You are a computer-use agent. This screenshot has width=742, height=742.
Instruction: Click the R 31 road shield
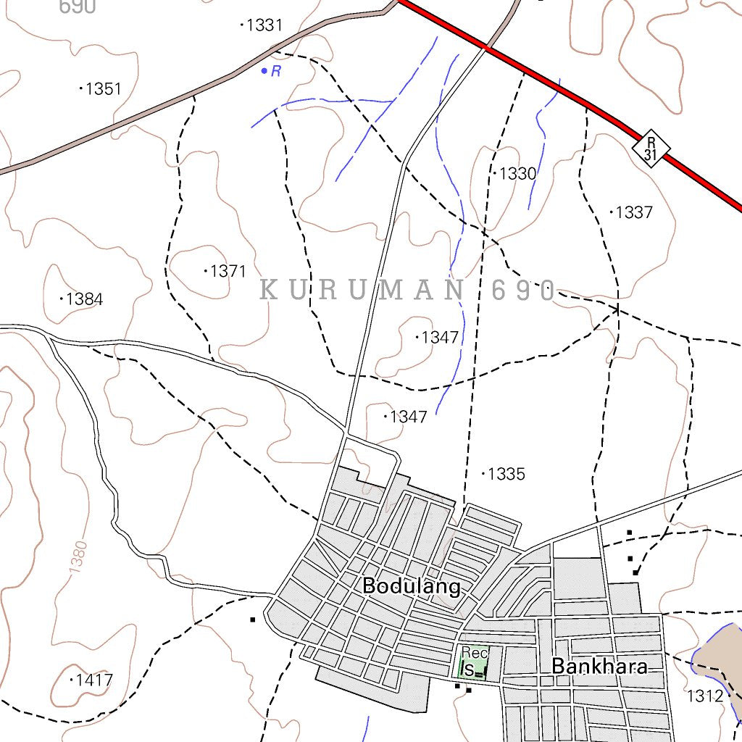coord(651,148)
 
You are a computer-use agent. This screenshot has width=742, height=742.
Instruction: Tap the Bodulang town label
coord(411,585)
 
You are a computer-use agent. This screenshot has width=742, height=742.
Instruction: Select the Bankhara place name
coord(599,666)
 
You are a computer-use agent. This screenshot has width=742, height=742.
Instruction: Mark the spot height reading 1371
coord(228,272)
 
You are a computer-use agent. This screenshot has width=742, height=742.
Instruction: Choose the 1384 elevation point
coord(84,299)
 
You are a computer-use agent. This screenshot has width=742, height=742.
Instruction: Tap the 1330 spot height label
coord(517,174)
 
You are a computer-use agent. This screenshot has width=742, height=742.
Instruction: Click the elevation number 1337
coord(634,213)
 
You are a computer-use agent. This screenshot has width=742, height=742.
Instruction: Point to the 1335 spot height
coord(506,475)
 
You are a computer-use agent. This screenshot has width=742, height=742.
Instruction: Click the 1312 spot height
coord(705,696)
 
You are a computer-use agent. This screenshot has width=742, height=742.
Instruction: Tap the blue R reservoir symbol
coord(271,71)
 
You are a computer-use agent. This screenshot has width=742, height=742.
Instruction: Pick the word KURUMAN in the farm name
coord(362,291)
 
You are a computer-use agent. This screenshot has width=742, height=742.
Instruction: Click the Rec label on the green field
coord(475,652)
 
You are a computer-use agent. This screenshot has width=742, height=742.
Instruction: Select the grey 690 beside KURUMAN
coord(522,291)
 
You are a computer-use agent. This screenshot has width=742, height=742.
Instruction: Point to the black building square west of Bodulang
coord(252,620)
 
